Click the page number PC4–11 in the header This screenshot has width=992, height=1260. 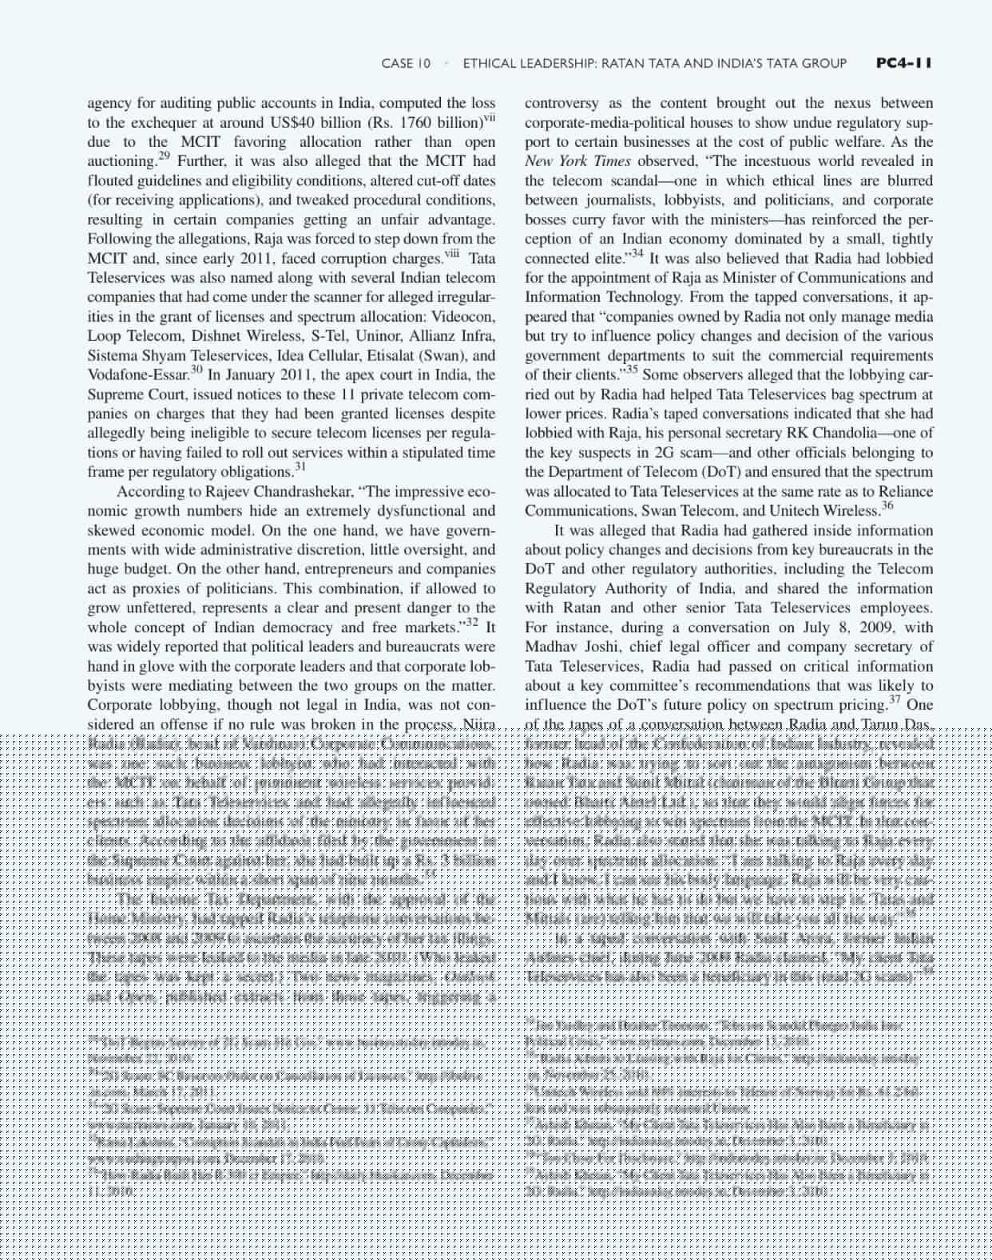point(903,63)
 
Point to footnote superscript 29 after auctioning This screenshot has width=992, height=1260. point(164,156)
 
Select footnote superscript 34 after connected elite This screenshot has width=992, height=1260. point(637,253)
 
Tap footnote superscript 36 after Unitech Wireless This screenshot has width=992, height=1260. point(887,505)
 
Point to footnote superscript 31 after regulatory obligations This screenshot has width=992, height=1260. point(300,466)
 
